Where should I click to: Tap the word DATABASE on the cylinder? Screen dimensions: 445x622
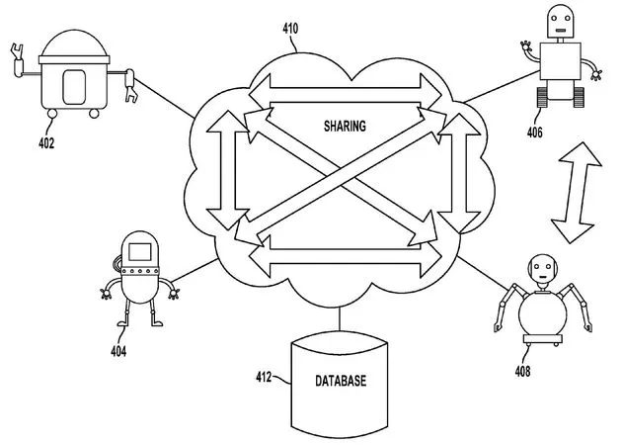[x=339, y=380]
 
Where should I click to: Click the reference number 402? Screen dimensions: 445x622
[x=45, y=143]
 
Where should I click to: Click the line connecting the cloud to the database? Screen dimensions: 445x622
[x=338, y=318]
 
